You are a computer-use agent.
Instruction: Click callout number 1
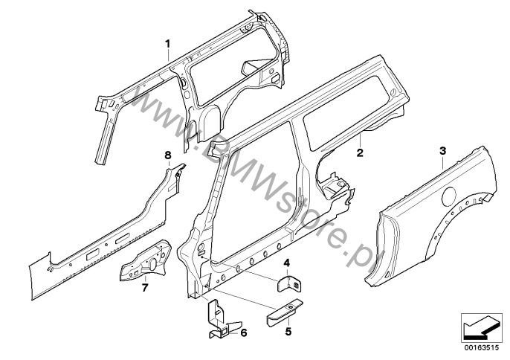(x=168, y=43)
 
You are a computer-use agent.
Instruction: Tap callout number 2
(x=360, y=152)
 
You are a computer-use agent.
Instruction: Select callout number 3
(x=442, y=151)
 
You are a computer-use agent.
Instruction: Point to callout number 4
(x=286, y=263)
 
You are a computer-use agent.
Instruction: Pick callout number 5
(x=288, y=332)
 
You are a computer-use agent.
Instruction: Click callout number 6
(x=244, y=332)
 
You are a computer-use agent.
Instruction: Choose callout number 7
(x=145, y=287)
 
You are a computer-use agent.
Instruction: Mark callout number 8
(x=168, y=155)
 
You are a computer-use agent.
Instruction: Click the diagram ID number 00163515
(x=482, y=348)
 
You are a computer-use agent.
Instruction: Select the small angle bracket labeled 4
(x=288, y=284)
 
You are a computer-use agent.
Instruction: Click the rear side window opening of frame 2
(x=349, y=111)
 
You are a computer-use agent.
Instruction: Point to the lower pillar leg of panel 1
(x=104, y=140)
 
